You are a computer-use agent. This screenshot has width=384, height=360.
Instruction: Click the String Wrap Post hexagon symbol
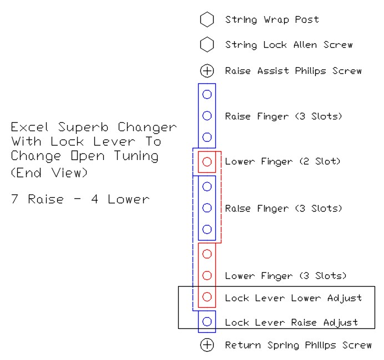click(207, 20)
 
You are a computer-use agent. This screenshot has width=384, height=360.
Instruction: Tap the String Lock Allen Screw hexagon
click(207, 44)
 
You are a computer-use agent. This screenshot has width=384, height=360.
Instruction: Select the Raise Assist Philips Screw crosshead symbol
click(207, 71)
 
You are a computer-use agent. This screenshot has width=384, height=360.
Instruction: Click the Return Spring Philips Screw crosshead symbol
click(207, 345)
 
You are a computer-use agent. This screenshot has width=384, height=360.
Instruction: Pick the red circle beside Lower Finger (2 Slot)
click(207, 162)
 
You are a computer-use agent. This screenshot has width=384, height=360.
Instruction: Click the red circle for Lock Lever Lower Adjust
click(207, 297)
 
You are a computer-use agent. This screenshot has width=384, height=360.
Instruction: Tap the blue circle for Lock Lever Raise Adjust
click(207, 321)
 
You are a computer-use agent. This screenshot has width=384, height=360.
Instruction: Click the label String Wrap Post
click(272, 20)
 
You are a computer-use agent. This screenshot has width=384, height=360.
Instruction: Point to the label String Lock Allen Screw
click(289, 44)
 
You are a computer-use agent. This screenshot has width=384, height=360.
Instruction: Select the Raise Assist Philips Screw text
click(293, 71)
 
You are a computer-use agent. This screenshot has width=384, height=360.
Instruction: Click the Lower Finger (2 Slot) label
click(282, 162)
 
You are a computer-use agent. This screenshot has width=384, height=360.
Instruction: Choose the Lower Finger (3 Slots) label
click(285, 276)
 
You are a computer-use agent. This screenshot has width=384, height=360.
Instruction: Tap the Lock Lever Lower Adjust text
click(293, 298)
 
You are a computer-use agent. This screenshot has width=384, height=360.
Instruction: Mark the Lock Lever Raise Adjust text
click(291, 322)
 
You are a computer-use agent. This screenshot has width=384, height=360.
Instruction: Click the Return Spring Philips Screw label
click(298, 345)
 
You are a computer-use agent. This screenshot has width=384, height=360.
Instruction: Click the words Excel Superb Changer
click(94, 127)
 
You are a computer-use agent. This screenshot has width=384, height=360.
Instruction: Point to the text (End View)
click(49, 172)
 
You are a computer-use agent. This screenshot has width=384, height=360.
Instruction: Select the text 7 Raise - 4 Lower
click(80, 199)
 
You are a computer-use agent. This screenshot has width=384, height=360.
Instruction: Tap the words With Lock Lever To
click(86, 142)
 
